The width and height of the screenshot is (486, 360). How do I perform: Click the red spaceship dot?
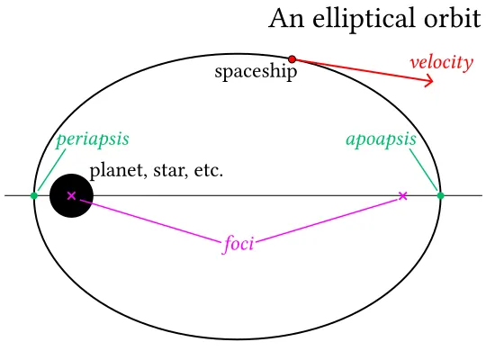pos(292,58)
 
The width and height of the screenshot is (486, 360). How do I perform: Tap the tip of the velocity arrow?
pos(433,82)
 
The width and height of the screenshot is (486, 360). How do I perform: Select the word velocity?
pos(442,62)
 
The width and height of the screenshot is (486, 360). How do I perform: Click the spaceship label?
pos(256,72)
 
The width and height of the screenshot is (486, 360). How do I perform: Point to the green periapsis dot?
pos(34,195)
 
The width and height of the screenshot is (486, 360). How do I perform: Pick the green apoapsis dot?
pos(440,195)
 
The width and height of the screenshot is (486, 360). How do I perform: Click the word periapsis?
pos(93,139)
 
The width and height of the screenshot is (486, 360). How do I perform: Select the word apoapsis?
pos(381,139)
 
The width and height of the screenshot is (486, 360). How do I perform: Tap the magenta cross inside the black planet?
pos(72,195)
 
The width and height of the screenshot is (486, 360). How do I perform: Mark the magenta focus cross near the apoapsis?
pos(402,195)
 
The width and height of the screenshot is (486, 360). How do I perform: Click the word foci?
pos(238,244)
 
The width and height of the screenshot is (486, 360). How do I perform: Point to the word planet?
pos(116,171)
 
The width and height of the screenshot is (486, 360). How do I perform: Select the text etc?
pos(208,171)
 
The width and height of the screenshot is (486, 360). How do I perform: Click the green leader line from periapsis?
pos(51,170)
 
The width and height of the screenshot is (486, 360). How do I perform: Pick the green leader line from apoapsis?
pos(424,170)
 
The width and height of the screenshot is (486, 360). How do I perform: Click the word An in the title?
pos(286,19)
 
